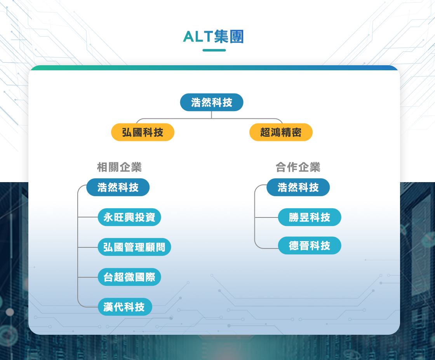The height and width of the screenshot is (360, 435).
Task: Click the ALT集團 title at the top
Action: pos(213,37)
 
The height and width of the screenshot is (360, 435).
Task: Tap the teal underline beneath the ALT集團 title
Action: pos(214,50)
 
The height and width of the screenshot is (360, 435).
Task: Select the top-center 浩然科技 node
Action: pos(212,103)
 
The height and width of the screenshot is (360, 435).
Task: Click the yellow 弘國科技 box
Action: pos(143,132)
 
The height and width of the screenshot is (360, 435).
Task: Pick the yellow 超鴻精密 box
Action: pos(281,132)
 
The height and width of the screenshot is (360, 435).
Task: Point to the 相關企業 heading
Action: pos(119,167)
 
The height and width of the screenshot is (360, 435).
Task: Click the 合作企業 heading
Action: pos(298,167)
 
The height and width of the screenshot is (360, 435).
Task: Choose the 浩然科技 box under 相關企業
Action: pos(118,187)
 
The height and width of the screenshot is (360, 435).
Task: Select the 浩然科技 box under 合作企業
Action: pos(298,187)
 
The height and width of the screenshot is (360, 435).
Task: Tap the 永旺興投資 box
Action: pos(129,217)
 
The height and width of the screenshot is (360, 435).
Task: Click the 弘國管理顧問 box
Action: pos(134,247)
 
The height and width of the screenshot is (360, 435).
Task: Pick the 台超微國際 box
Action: pos(129,277)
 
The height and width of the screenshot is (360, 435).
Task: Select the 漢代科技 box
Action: pos(125,307)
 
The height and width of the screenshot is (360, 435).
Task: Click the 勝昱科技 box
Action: pos(309,217)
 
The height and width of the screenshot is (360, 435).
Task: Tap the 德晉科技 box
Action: pos(309,245)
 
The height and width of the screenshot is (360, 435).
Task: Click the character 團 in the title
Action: pos(237,37)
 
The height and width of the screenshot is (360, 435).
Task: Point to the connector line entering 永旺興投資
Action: pos(88,217)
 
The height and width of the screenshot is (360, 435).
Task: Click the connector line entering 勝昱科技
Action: pos(266,217)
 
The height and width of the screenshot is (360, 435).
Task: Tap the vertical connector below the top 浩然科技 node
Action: pos(211,115)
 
